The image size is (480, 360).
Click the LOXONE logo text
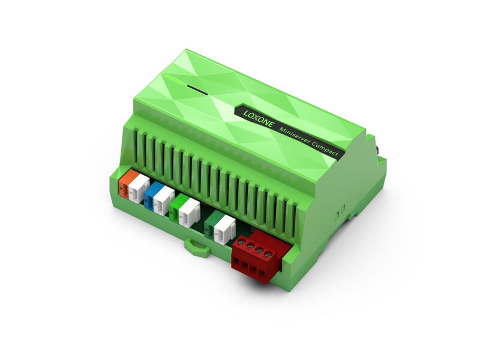(259, 120)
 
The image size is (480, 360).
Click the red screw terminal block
(255, 258)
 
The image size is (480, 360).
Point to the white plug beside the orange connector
(139, 188)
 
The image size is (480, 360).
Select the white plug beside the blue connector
(164, 200)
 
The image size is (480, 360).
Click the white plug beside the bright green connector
(189, 212)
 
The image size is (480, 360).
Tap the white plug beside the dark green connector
(224, 229)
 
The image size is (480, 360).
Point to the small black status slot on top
(195, 89)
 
